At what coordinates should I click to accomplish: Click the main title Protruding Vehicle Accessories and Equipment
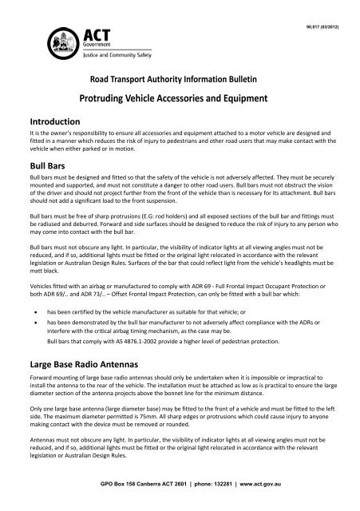[x=180, y=99]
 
